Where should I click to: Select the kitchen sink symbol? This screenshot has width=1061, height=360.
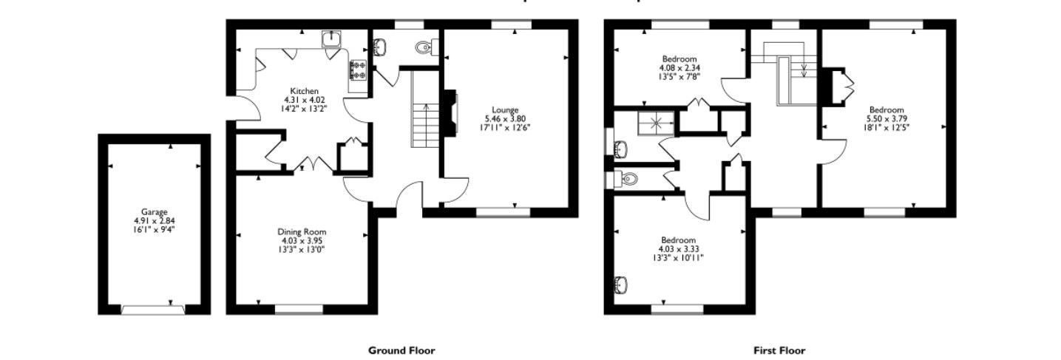(330, 38)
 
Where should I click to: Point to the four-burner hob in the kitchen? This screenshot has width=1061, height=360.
(359, 69)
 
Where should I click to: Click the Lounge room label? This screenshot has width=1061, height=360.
(507, 109)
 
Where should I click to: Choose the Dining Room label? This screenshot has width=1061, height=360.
(301, 231)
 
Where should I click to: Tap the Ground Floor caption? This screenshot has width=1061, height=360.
(401, 350)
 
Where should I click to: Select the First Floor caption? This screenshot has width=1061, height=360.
(779, 350)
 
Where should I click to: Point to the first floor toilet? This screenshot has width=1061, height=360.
(627, 179)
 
